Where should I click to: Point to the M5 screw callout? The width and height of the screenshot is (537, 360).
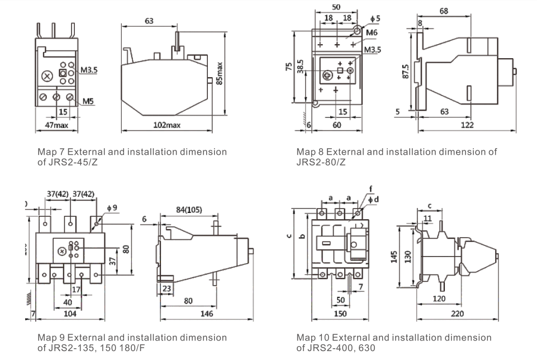point(88,101)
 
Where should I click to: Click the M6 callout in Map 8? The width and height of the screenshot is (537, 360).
point(372,33)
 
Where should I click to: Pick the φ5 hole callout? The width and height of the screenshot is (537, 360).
point(375,18)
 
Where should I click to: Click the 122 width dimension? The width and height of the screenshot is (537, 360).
point(467,125)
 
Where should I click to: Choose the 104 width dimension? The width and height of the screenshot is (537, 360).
point(69,314)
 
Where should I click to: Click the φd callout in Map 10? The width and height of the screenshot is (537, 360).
point(377,200)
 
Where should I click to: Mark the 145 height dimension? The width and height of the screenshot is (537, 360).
point(395,257)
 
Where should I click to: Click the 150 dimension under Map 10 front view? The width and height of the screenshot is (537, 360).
point(340,314)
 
